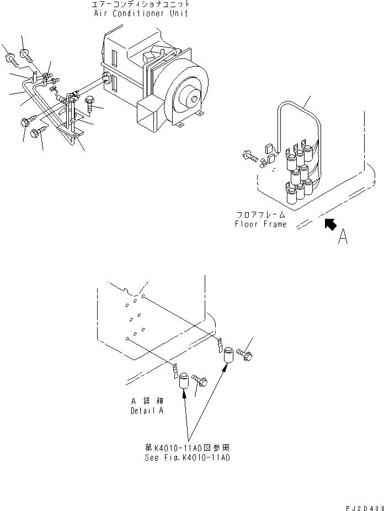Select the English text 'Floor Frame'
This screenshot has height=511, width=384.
[x=260, y=224]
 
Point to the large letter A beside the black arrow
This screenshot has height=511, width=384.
[x=343, y=237]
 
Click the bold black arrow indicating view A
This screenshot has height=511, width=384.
[x=330, y=224]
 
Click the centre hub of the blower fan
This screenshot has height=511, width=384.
[x=193, y=100]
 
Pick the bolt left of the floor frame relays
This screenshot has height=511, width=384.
[x=250, y=157]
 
